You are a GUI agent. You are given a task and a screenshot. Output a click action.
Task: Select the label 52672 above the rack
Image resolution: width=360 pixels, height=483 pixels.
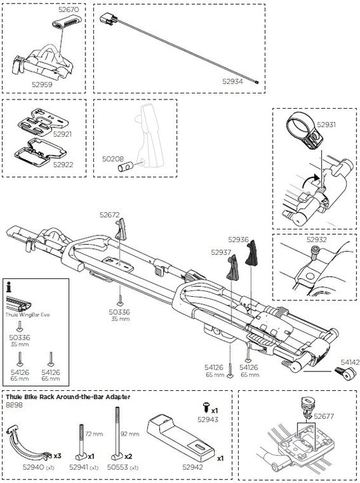coord(109,215)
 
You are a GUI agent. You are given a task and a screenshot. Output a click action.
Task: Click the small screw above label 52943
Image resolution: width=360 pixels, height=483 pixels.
coord(205,406)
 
